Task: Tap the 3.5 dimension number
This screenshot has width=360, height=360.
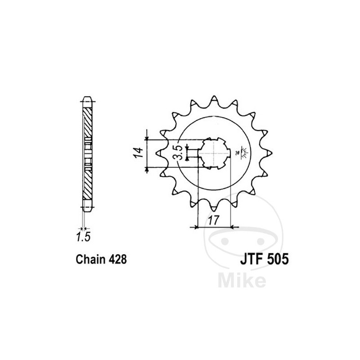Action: click(178, 153)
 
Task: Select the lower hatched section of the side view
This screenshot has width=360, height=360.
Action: click(87, 182)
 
